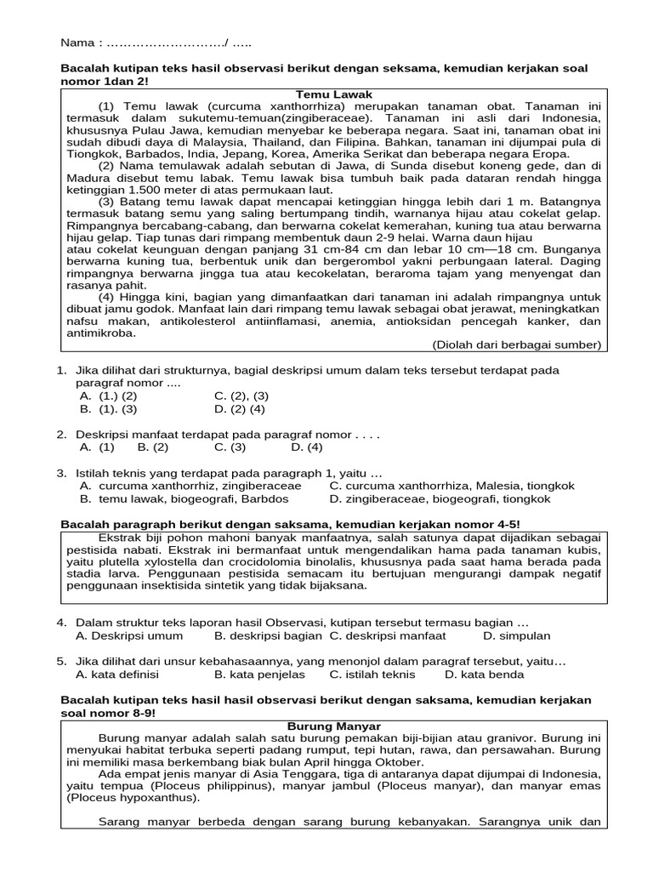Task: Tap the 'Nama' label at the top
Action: pos(78,43)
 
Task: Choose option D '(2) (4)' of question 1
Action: pos(240,408)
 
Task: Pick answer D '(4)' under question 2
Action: pos(307,447)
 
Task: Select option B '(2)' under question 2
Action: pos(153,447)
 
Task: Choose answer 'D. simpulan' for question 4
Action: pos(517,635)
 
